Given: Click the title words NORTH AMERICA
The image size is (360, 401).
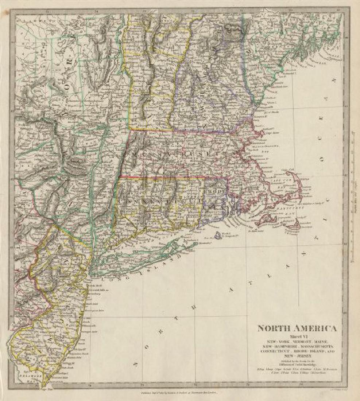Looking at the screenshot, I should click(297, 328).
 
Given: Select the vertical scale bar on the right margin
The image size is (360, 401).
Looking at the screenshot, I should click(353, 197).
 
